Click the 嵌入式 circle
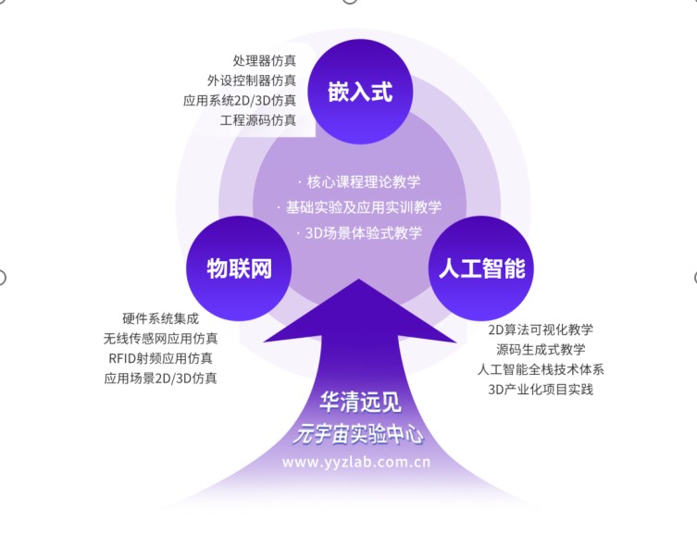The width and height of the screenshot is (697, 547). click(359, 92)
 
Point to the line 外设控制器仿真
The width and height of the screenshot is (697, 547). click(252, 81)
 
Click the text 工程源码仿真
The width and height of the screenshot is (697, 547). click(258, 119)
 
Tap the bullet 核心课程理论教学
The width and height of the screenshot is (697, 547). click(363, 182)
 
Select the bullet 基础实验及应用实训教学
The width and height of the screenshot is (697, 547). click(363, 207)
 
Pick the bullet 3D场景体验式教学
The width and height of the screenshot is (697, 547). click(363, 232)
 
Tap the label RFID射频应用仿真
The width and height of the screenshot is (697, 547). click(160, 357)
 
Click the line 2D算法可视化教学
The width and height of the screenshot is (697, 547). click(541, 329)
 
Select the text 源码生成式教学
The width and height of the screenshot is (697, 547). click(541, 349)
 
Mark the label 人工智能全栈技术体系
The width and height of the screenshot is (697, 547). click(541, 369)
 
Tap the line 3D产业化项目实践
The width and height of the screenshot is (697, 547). click(541, 389)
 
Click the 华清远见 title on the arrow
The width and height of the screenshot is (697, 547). click(356, 404)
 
